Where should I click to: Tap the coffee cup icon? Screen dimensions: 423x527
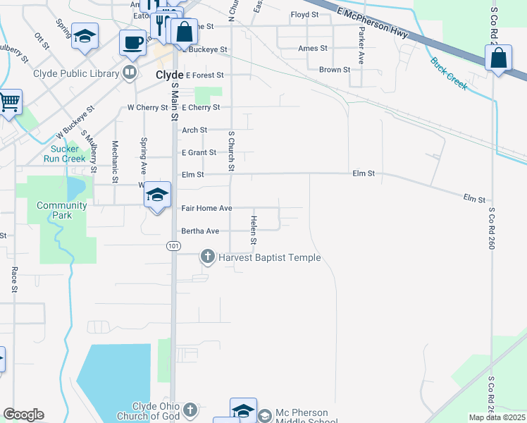tap(132, 44)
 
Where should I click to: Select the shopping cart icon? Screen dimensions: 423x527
tap(9, 103)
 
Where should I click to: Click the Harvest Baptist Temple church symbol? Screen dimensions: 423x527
tap(208, 257)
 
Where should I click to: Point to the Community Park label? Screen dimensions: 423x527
tap(62, 210)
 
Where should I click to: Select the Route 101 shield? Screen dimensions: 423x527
tap(173, 245)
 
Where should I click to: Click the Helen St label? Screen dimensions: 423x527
tap(253, 231)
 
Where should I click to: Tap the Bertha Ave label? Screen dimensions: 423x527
tap(200, 231)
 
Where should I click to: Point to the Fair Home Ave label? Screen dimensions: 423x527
tap(206, 209)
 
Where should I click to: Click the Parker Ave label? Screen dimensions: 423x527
tap(361, 47)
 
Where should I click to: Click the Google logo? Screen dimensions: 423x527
tap(23, 415)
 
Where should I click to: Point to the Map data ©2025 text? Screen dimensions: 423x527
tap(495, 417)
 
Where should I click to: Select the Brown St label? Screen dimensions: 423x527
tap(334, 70)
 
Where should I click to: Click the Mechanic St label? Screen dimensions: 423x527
tap(115, 161)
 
